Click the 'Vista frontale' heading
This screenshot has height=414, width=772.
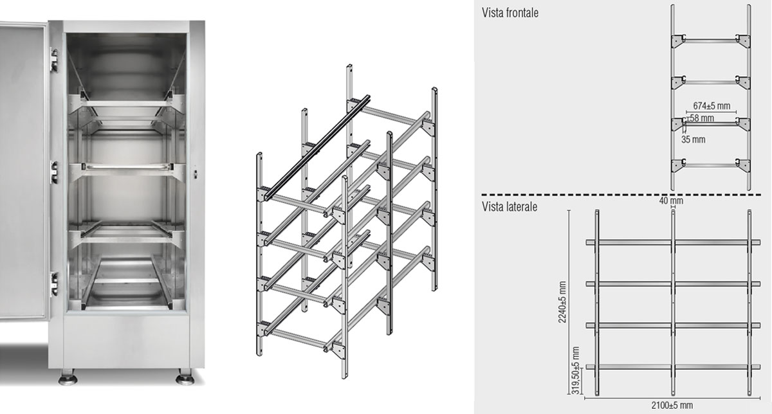pyautogui.click(x=510, y=13)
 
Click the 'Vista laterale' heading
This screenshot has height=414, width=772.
pyautogui.click(x=510, y=206)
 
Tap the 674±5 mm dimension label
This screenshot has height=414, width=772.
pyautogui.click(x=712, y=105)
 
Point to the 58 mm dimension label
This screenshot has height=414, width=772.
pyautogui.click(x=702, y=118)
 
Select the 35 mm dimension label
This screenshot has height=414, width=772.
pyautogui.click(x=693, y=139)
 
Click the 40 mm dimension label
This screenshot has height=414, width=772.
pyautogui.click(x=671, y=201)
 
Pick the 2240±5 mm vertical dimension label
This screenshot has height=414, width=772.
pyautogui.click(x=562, y=302)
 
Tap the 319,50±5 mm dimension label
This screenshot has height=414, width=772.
pyautogui.click(x=575, y=370)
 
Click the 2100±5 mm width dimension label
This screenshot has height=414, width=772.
pyautogui.click(x=672, y=406)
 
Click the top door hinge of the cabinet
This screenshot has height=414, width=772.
pyautogui.click(x=54, y=60)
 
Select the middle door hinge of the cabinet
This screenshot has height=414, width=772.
pyautogui.click(x=54, y=172)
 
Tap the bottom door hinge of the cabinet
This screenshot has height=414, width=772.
pyautogui.click(x=54, y=284)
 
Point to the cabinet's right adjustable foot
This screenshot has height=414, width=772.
pyautogui.click(x=185, y=377)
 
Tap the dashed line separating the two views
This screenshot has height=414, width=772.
pyautogui.click(x=621, y=195)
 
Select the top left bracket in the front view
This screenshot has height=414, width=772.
pyautogui.click(x=678, y=41)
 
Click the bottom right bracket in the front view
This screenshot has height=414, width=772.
pyautogui.click(x=743, y=165)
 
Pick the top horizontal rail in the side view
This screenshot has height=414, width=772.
pyautogui.click(x=673, y=242)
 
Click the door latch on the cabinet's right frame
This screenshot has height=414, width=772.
pyautogui.click(x=196, y=172)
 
